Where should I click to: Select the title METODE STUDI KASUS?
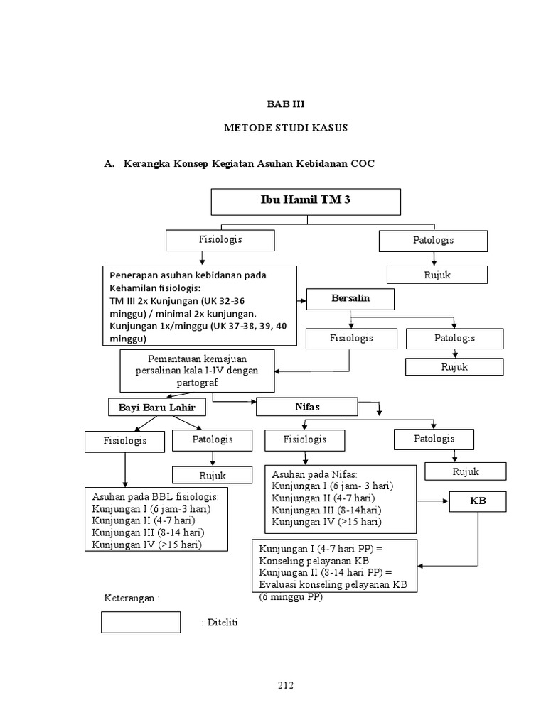[285, 128]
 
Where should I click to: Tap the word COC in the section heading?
[362, 163]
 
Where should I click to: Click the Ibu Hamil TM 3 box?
[306, 201]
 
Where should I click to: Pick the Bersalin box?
[350, 299]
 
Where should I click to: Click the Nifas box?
[307, 407]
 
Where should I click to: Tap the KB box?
[478, 502]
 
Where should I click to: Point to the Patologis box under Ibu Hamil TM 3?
[433, 241]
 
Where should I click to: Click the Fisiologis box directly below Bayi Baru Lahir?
[124, 441]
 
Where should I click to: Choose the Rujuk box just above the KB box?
[466, 471]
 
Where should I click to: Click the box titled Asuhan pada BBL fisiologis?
[157, 520]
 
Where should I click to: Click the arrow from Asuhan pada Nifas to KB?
[433, 502]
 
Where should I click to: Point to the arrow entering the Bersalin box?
[302, 300]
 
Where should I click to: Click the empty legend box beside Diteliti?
[141, 621]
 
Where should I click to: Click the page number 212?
[285, 685]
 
